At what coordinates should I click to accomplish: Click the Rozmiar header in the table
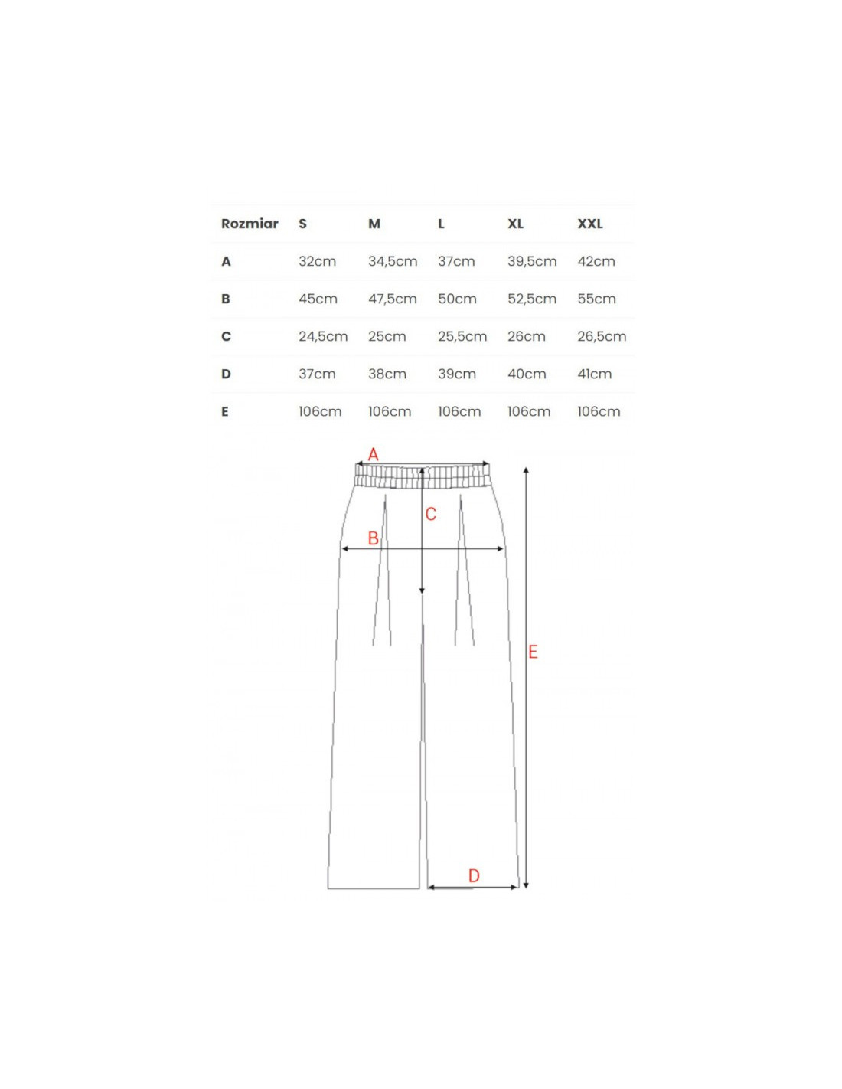coord(250,224)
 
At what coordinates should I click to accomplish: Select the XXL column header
coord(590,224)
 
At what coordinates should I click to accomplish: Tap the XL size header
coord(515,224)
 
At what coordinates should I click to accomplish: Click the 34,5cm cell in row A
coord(393,261)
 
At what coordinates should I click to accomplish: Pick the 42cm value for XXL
coord(596,261)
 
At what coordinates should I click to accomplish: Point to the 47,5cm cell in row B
coord(393,299)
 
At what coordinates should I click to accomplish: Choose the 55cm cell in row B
coord(596,299)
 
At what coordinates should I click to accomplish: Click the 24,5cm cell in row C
coord(323,336)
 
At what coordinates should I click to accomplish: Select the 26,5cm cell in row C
coord(602,336)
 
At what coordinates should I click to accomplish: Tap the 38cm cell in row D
coord(387,374)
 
